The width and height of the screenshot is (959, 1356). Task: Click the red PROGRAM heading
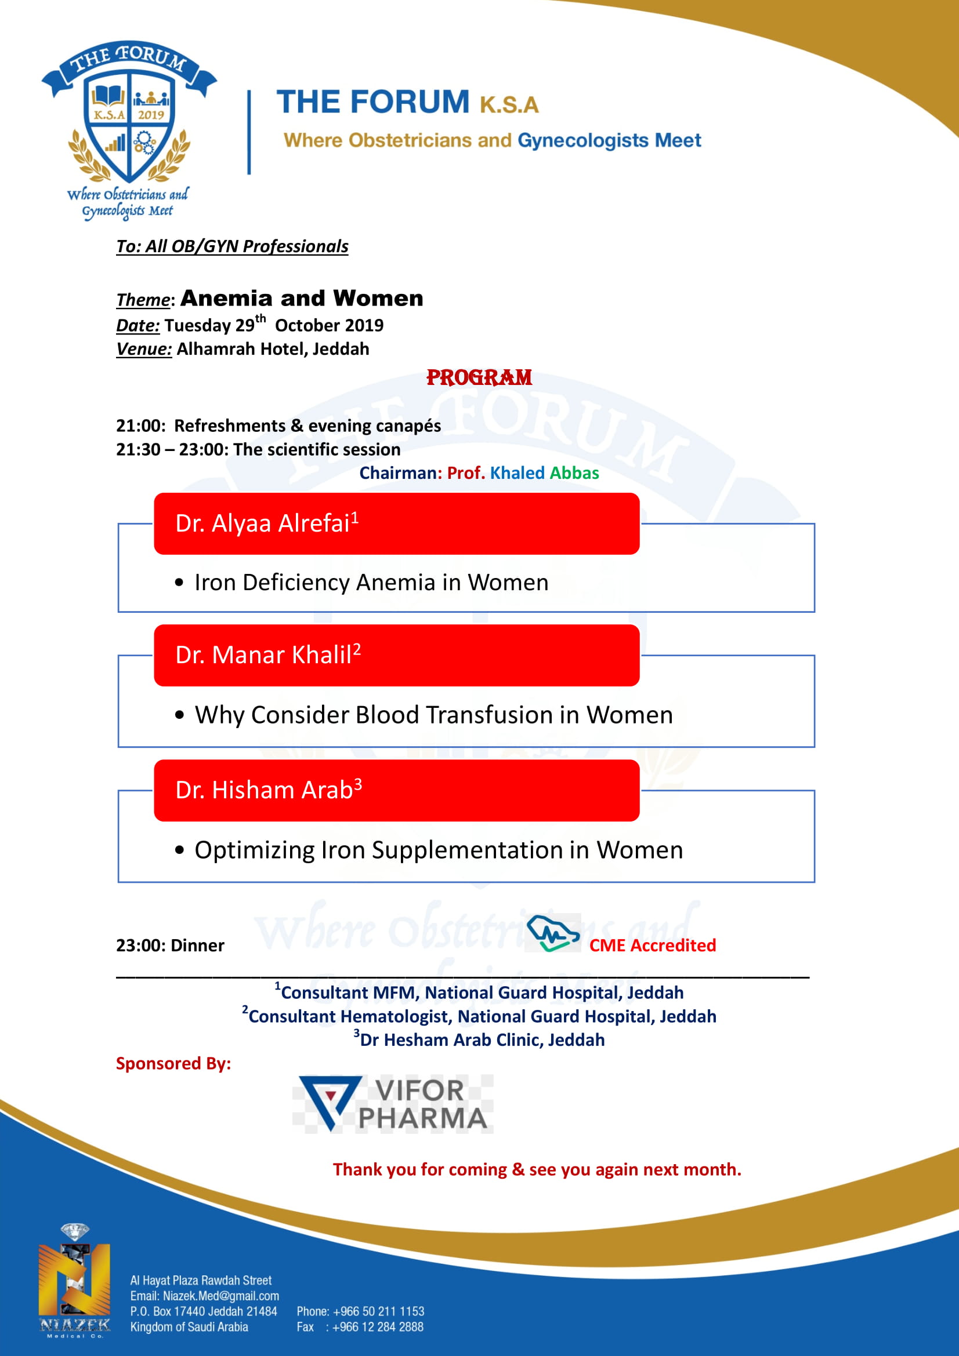479,377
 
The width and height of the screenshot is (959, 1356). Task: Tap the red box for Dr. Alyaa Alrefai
396,524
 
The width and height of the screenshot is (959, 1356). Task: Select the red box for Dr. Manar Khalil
396,656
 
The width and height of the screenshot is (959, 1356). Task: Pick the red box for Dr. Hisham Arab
396,790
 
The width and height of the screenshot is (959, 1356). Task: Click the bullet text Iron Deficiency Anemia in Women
371,583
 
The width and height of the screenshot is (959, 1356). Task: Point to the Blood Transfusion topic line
433,715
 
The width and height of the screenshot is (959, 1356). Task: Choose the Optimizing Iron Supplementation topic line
439,850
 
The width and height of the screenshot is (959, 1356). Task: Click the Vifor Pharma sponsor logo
393,1104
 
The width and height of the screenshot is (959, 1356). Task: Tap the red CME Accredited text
652,946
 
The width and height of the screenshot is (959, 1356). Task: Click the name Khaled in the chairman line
517,473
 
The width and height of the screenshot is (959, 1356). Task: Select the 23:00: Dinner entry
170,946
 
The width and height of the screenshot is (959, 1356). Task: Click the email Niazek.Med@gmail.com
220,1296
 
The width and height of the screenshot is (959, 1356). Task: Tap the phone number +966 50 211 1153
378,1311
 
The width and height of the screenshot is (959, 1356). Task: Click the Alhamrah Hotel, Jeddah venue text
273,349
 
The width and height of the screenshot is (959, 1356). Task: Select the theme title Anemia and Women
301,298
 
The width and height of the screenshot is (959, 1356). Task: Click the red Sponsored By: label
173,1064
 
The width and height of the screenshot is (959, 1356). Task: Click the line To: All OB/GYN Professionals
231,246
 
